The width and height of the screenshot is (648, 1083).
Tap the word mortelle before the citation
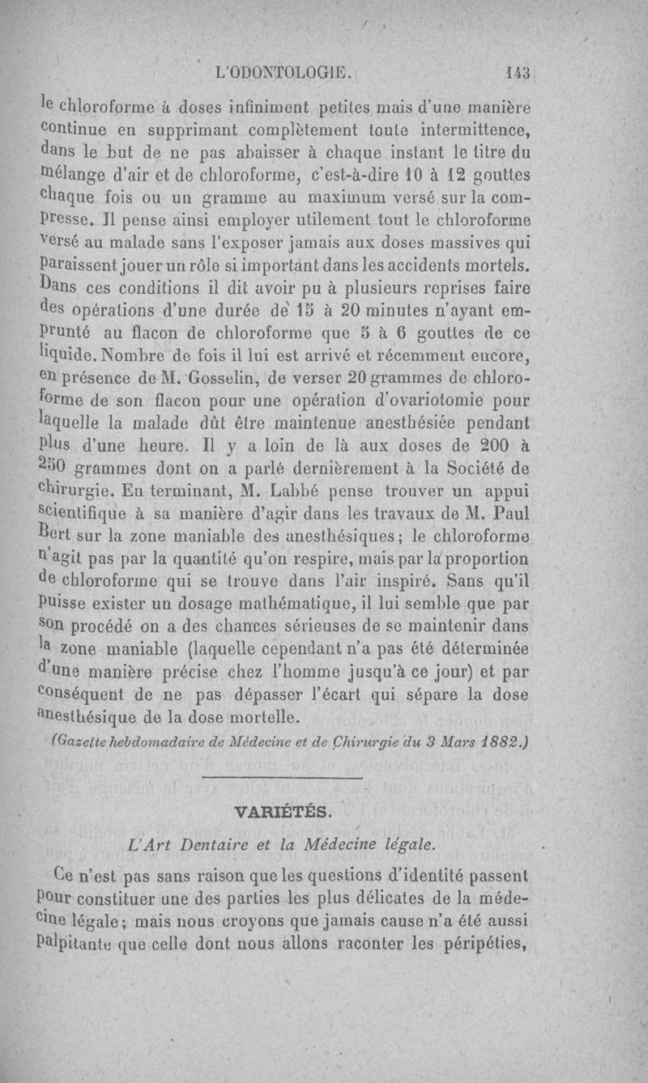[244, 716]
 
